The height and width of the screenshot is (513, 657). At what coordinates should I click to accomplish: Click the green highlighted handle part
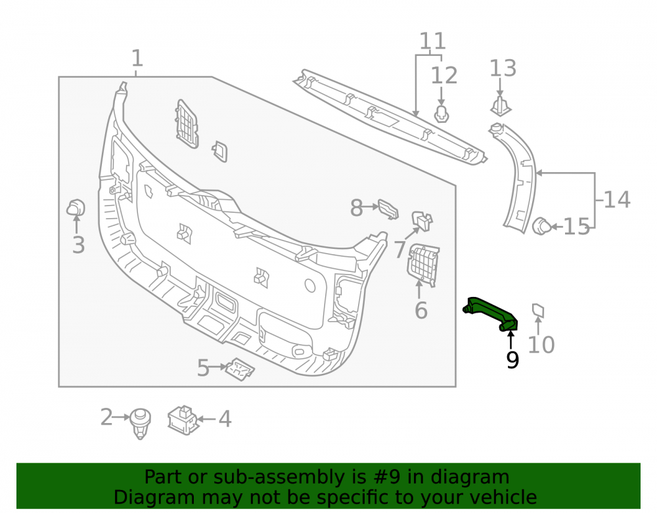(489, 313)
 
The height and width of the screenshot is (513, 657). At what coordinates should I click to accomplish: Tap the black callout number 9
(512, 360)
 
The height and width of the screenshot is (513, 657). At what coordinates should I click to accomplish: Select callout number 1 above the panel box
(137, 58)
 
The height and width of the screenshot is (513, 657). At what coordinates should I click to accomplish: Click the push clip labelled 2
(140, 424)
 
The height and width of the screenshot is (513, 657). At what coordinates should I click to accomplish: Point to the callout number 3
(78, 244)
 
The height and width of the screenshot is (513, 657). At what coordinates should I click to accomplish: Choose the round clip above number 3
(76, 208)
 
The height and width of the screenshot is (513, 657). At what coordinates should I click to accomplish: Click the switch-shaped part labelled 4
(182, 420)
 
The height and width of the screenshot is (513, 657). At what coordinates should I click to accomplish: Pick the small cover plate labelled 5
(240, 369)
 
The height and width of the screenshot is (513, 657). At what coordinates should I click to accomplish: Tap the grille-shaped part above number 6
(422, 264)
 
